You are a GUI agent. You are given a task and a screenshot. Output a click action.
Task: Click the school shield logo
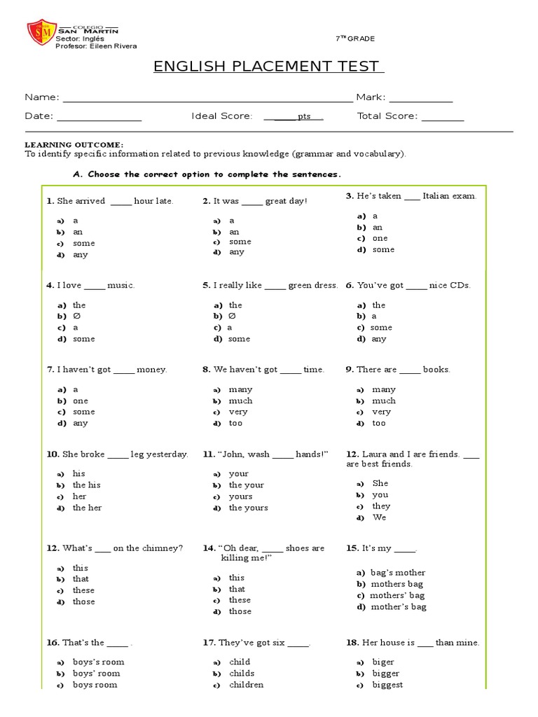(x=39, y=34)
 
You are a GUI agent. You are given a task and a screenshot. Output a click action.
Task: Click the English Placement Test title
(x=268, y=67)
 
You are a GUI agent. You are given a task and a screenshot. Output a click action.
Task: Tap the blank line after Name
(x=207, y=99)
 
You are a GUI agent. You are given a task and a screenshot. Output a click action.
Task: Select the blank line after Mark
(x=420, y=99)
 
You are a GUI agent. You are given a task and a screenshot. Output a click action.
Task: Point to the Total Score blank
(x=442, y=117)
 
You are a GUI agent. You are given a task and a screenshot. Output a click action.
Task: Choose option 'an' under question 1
(x=78, y=232)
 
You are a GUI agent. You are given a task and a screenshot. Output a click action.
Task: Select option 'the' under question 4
(x=79, y=305)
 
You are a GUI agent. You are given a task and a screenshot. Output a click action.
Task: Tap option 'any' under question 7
(x=81, y=423)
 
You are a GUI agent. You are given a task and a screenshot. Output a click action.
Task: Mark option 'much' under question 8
(x=240, y=401)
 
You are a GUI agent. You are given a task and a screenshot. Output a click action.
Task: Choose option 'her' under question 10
(x=79, y=496)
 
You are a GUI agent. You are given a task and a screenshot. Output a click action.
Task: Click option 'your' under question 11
(x=239, y=473)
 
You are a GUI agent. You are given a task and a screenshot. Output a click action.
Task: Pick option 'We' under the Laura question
(x=379, y=517)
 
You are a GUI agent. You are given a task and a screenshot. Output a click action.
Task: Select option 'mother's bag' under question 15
(x=398, y=606)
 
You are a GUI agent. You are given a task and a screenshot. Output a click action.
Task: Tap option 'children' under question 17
(x=246, y=684)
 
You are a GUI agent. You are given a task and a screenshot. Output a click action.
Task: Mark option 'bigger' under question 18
(x=386, y=673)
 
